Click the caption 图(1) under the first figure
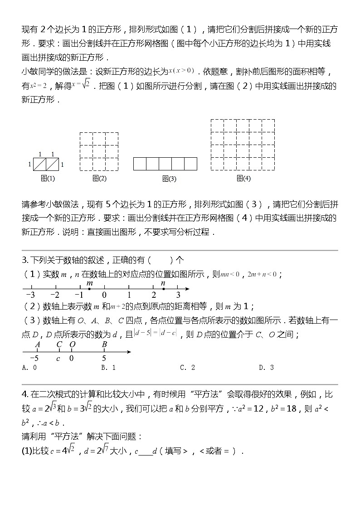[x=48, y=179]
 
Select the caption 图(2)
[x=99, y=179]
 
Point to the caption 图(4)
[x=243, y=179]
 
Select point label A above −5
[x=38, y=344]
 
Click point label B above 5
[x=104, y=344]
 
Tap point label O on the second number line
[x=72, y=344]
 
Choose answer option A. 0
[x=29, y=368]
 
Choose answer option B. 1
[x=108, y=368]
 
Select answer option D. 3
[x=266, y=368]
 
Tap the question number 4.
[x=25, y=395]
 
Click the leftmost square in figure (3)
[x=140, y=164]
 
